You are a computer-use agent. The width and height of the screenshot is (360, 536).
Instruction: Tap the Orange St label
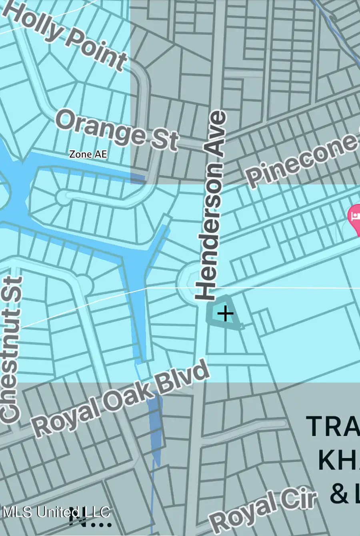click(116, 130)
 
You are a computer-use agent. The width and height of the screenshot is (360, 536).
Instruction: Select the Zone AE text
click(88, 154)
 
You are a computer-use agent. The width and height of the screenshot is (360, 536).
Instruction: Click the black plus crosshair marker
click(225, 313)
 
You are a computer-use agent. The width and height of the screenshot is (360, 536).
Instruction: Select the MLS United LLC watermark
click(56, 512)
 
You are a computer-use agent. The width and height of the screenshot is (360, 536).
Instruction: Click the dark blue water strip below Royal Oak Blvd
click(155, 428)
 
